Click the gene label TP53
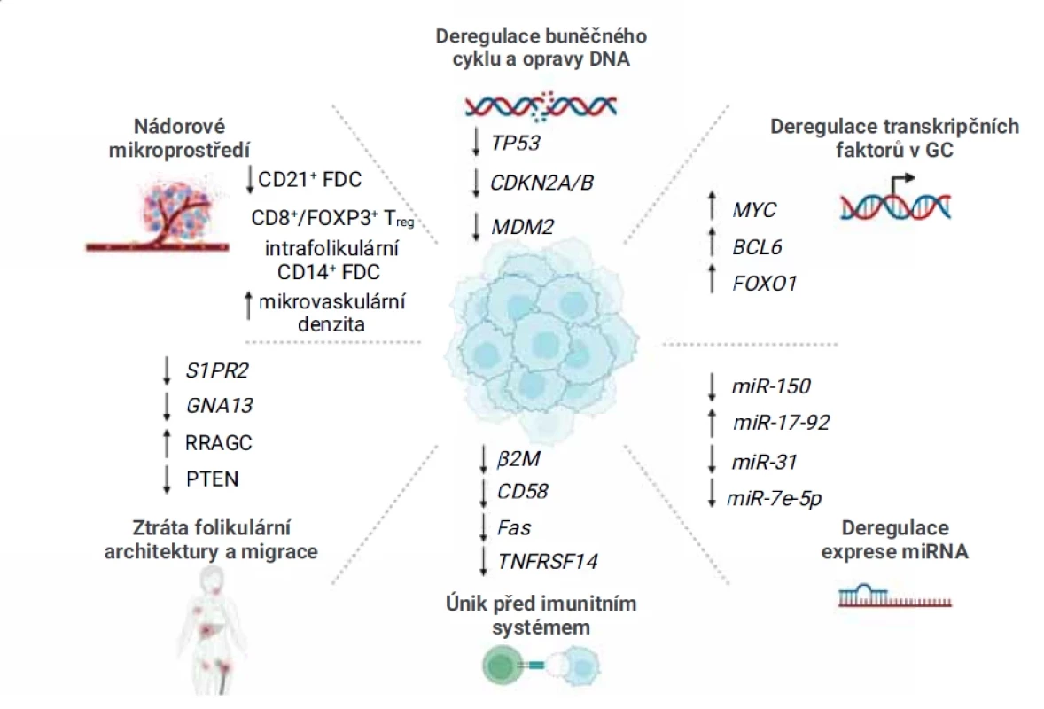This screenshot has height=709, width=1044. click(x=515, y=144)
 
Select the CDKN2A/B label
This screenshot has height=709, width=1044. click(x=541, y=183)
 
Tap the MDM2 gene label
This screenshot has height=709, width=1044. click(x=523, y=227)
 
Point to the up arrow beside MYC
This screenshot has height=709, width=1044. click(x=712, y=206)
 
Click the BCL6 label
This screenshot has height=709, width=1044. click(x=757, y=247)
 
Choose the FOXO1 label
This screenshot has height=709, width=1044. click(x=764, y=284)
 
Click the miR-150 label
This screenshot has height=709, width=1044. click(x=771, y=386)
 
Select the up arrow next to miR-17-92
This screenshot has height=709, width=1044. click(x=713, y=423)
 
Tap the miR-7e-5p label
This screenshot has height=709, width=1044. click(x=775, y=499)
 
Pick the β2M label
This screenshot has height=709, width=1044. click(x=518, y=459)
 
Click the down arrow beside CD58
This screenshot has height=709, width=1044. click(x=484, y=493)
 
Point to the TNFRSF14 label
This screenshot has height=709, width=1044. click(x=548, y=562)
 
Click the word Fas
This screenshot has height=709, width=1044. click(x=514, y=528)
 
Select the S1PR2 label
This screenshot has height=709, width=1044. click(x=217, y=370)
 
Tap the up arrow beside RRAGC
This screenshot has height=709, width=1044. click(x=168, y=443)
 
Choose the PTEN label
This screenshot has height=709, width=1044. click(x=213, y=479)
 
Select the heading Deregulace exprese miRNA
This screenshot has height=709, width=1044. click(x=895, y=540)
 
